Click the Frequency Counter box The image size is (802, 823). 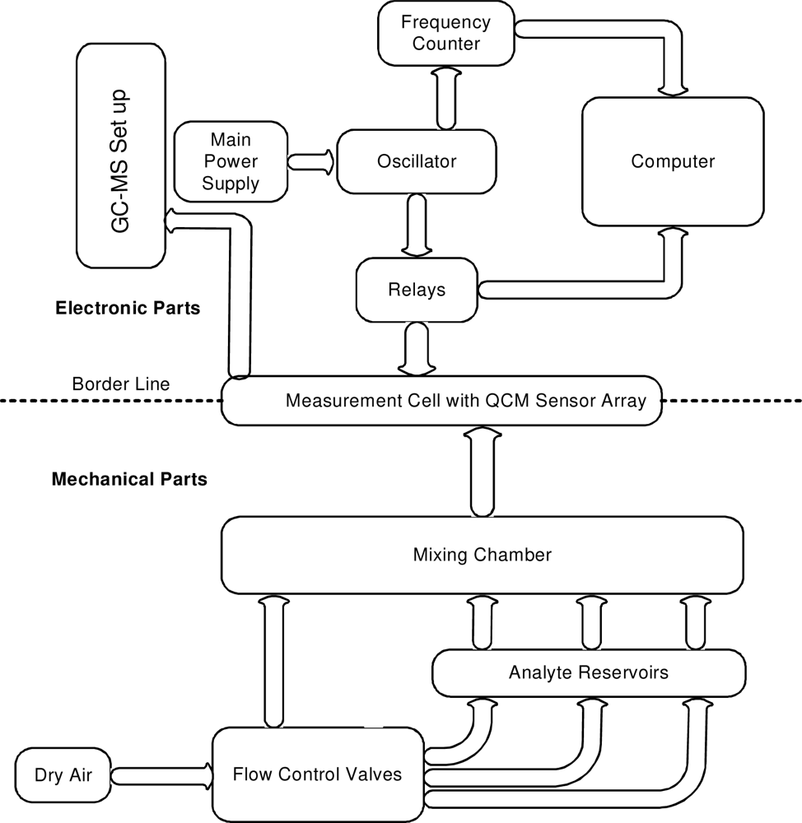tap(445, 34)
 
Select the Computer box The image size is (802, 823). tap(673, 161)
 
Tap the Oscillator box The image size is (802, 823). tap(417, 162)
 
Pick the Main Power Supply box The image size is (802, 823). tap(231, 160)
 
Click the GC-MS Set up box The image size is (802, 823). tap(120, 156)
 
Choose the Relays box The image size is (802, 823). tap(417, 290)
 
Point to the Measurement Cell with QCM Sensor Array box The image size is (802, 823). tap(442, 401)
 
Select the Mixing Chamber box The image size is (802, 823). tap(482, 555)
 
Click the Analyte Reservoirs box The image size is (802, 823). tap(588, 672)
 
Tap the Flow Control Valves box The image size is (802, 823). tap(318, 774)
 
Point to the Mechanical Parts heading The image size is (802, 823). tap(129, 478)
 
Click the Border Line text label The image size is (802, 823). tap(121, 384)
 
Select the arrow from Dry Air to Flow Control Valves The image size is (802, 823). tap(160, 774)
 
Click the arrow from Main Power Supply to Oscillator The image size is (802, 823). tap(311, 161)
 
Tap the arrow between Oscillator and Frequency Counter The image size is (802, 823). tap(445, 98)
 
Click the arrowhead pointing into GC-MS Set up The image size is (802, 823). tap(175, 220)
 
